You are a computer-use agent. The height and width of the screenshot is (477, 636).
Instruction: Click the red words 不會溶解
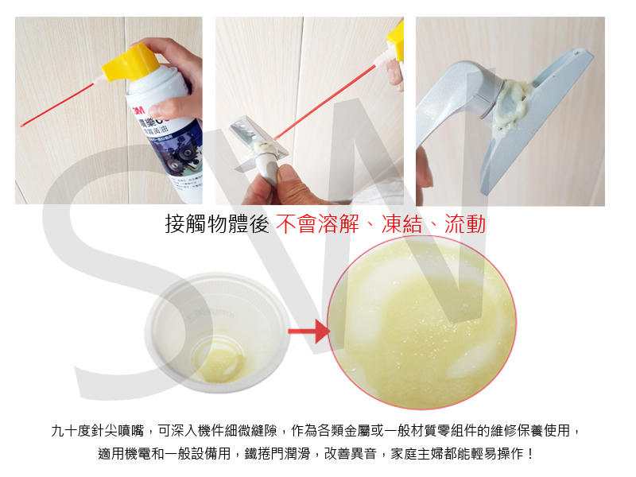[316, 224]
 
